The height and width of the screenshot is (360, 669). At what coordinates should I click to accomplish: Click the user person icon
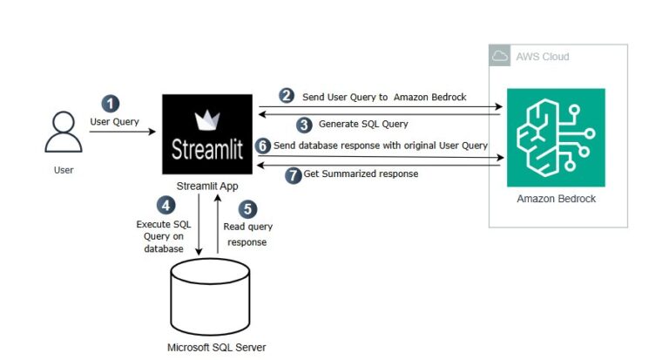[64, 133]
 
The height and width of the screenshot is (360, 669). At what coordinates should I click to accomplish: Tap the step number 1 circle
[111, 103]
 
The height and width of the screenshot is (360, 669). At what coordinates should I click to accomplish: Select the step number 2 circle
[287, 95]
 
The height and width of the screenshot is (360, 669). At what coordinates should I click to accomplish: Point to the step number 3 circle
[304, 124]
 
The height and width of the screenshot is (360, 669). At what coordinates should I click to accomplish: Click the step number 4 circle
[166, 206]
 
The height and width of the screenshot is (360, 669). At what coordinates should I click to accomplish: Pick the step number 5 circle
[248, 209]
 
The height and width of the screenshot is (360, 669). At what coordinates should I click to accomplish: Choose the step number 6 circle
[262, 145]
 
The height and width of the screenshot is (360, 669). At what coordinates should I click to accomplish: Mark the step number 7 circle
[293, 173]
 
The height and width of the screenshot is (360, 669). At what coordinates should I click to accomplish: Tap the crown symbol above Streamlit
[206, 118]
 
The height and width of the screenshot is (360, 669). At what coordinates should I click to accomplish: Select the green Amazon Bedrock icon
[555, 137]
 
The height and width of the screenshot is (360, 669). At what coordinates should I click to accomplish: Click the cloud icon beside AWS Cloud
[500, 57]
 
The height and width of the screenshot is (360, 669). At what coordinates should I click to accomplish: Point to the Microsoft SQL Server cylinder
[216, 293]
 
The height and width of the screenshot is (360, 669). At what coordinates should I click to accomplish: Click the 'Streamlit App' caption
[206, 185]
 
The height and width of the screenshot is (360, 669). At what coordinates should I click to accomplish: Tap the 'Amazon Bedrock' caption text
[555, 200]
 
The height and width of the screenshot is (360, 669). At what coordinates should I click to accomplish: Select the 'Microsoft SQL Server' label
[216, 347]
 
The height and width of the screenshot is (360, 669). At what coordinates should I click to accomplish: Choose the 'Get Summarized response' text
[361, 173]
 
